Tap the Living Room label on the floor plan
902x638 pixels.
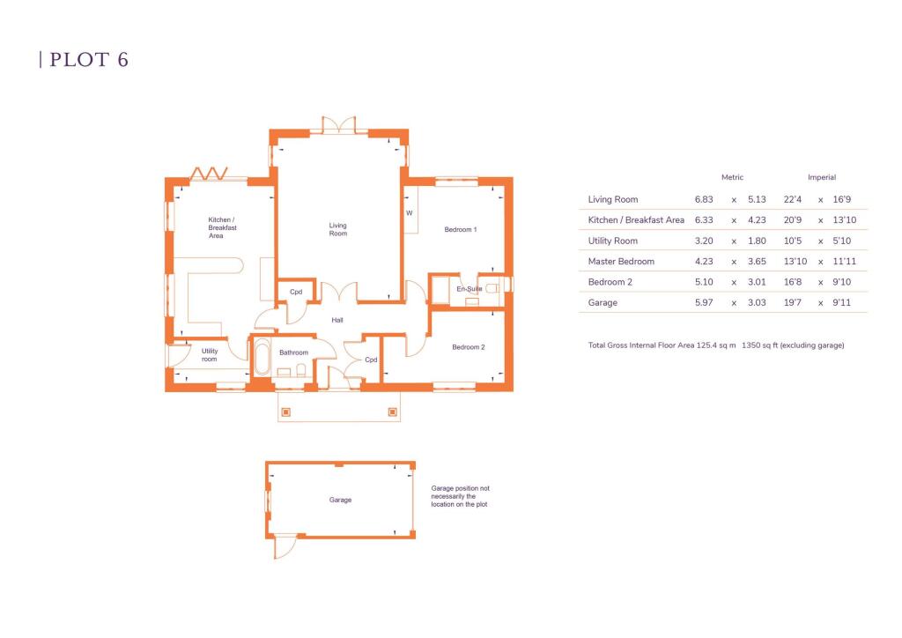click(338, 229)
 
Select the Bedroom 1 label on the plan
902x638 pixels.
click(460, 230)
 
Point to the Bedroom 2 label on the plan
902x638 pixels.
click(468, 347)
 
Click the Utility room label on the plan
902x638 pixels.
click(209, 355)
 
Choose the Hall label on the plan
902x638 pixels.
click(337, 320)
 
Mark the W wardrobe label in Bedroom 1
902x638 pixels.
click(409, 213)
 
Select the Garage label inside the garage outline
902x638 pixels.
click(340, 500)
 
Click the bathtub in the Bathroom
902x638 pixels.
click(262, 360)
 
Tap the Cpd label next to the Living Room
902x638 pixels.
click(296, 292)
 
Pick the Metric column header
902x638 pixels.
click(732, 177)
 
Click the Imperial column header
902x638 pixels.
click(821, 177)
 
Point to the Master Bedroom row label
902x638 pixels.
click(621, 262)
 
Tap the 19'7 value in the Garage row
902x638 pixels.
click(793, 303)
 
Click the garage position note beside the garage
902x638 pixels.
click(459, 496)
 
